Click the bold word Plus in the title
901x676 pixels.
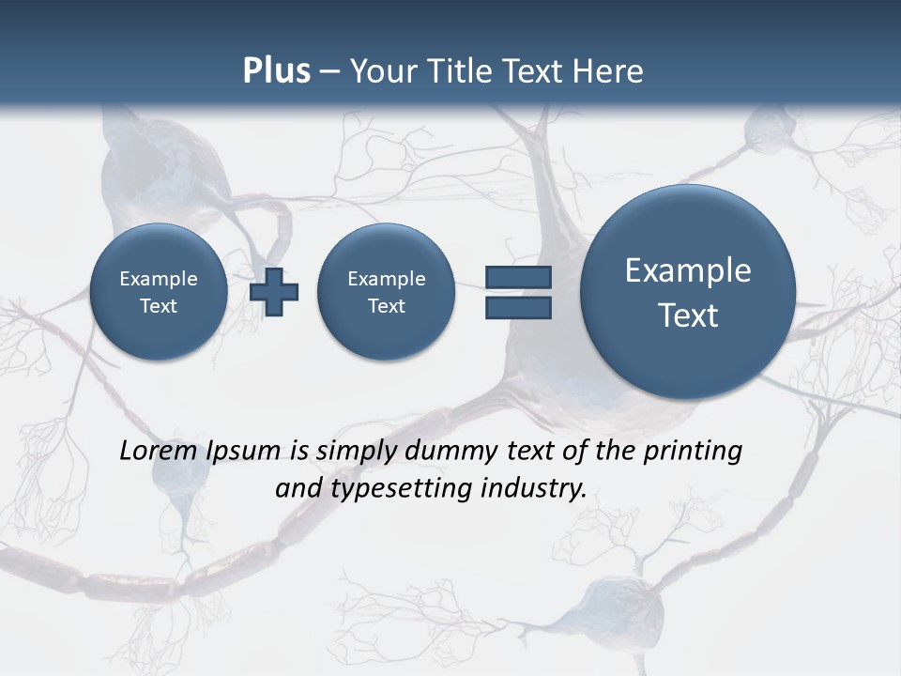pos(276,71)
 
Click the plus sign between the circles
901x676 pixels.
pos(274,291)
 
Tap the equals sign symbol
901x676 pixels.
pos(518,292)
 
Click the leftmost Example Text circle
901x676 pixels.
pos(159,292)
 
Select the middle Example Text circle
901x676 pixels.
pos(386,292)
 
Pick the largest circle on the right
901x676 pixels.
pos(688,292)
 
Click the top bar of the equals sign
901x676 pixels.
pos(518,277)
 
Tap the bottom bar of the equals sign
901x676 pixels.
pos(518,307)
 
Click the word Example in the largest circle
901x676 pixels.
pos(688,270)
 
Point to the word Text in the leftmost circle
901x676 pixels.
pos(159,306)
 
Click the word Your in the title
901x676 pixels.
pos(382,71)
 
